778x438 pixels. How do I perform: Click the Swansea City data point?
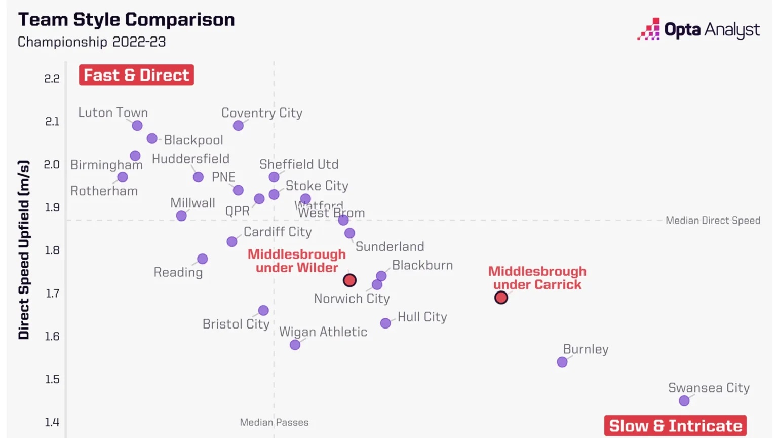(684, 400)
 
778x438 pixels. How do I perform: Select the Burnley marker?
(562, 362)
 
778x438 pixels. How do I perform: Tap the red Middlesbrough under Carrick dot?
(501, 298)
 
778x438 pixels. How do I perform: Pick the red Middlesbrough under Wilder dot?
(349, 280)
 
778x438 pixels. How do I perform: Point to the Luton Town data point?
(137, 126)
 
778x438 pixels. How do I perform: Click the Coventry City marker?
(238, 126)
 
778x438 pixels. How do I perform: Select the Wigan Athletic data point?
(295, 345)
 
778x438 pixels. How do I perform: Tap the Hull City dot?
(385, 323)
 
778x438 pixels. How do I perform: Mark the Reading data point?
(202, 259)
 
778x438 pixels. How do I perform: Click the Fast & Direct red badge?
(136, 75)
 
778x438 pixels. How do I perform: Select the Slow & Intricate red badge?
(675, 426)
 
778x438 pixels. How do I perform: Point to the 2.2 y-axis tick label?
(52, 79)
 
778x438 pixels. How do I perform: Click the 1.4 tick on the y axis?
(52, 422)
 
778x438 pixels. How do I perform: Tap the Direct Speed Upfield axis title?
(24, 249)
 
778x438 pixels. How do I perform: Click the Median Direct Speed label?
(713, 221)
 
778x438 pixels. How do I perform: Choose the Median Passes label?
(274, 422)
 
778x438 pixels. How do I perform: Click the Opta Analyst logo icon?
(648, 29)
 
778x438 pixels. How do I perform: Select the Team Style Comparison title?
(127, 20)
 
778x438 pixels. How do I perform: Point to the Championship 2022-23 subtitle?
(92, 42)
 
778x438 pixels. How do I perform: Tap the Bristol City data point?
(263, 310)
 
